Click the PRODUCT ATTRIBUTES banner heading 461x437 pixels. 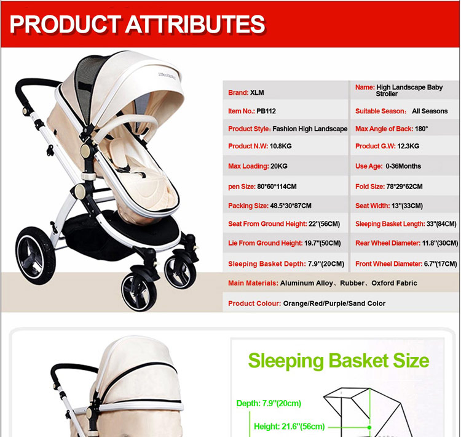click(137, 24)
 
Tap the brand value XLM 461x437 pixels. click(257, 93)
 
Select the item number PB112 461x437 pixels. click(266, 111)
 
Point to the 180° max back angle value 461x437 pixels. click(421, 129)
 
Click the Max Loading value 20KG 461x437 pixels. click(278, 166)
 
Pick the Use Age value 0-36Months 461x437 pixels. click(403, 166)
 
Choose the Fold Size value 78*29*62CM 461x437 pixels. click(404, 186)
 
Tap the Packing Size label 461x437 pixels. click(248, 206)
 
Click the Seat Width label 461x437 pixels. click(372, 206)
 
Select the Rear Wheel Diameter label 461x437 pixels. click(388, 243)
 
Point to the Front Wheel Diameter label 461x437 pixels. click(388, 264)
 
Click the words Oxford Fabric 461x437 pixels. click(394, 283)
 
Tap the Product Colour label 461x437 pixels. click(254, 303)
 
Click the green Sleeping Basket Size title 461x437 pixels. click(339, 361)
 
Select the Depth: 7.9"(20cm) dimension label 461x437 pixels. click(269, 403)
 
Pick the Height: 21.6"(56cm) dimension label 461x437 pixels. click(289, 427)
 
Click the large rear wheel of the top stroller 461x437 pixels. click(35, 255)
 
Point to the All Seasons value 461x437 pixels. click(430, 111)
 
